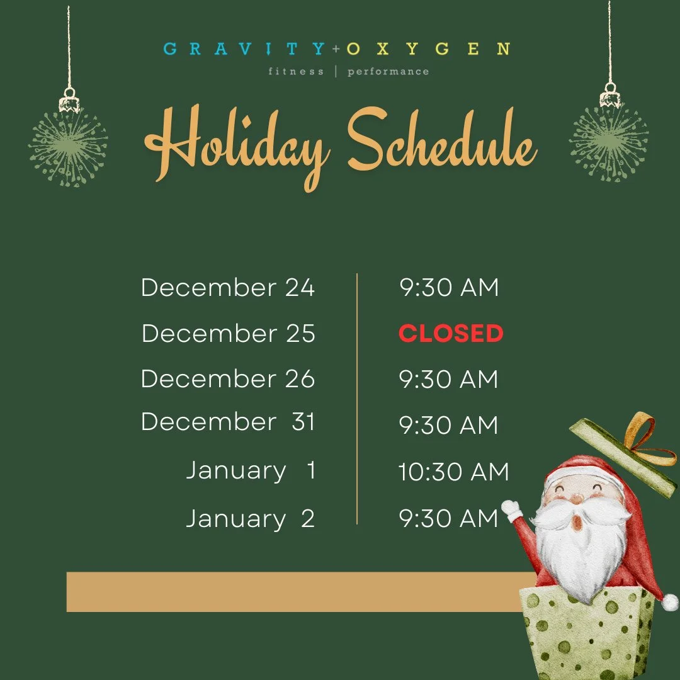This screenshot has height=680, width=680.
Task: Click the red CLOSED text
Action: click(451, 334)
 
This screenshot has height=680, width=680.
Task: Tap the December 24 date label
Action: click(228, 288)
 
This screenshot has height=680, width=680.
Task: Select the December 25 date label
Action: click(228, 333)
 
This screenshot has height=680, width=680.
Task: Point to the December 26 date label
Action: click(228, 379)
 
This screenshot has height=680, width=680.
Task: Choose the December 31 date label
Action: click(228, 422)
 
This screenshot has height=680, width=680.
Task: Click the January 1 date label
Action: click(251, 471)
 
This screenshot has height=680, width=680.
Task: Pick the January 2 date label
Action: click(250, 519)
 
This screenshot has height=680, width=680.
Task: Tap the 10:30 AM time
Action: click(453, 472)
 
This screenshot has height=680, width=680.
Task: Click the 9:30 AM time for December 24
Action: click(449, 288)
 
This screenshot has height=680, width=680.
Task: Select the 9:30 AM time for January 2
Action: click(449, 519)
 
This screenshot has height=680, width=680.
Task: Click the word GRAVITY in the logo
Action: click(244, 49)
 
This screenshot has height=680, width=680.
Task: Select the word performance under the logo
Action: click(388, 72)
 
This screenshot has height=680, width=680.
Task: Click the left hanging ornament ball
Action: click(68, 146)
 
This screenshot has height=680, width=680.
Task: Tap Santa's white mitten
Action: click(511, 509)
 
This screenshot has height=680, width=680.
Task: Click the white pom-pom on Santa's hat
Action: click(669, 602)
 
